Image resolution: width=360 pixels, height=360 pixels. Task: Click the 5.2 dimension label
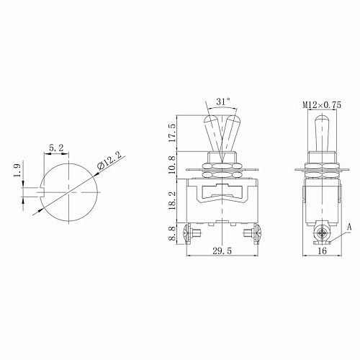[55, 148]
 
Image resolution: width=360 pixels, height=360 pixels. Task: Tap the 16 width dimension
[322, 252]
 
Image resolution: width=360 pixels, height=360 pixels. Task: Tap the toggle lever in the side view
[318, 130]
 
